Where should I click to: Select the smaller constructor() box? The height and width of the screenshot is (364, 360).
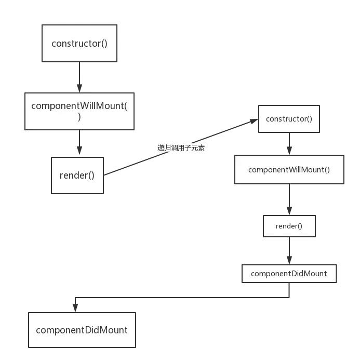(x=289, y=119)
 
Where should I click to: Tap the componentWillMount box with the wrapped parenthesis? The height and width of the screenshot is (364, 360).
(x=79, y=111)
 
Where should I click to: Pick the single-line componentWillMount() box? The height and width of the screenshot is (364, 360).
(x=289, y=170)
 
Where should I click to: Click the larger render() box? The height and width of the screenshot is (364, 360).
(x=77, y=176)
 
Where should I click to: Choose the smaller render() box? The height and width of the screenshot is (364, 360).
(x=289, y=226)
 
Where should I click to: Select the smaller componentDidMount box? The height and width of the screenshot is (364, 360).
(x=289, y=273)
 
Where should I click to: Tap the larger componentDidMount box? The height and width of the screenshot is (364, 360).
(x=82, y=330)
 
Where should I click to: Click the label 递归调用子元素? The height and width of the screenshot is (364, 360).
(x=181, y=147)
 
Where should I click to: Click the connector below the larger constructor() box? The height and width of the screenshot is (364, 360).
(x=80, y=75)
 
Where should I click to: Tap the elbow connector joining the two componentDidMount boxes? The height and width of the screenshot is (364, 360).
(x=182, y=296)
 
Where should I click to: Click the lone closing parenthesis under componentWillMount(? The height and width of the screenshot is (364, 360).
(x=79, y=117)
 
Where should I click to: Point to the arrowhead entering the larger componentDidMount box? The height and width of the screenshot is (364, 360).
(x=75, y=308)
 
